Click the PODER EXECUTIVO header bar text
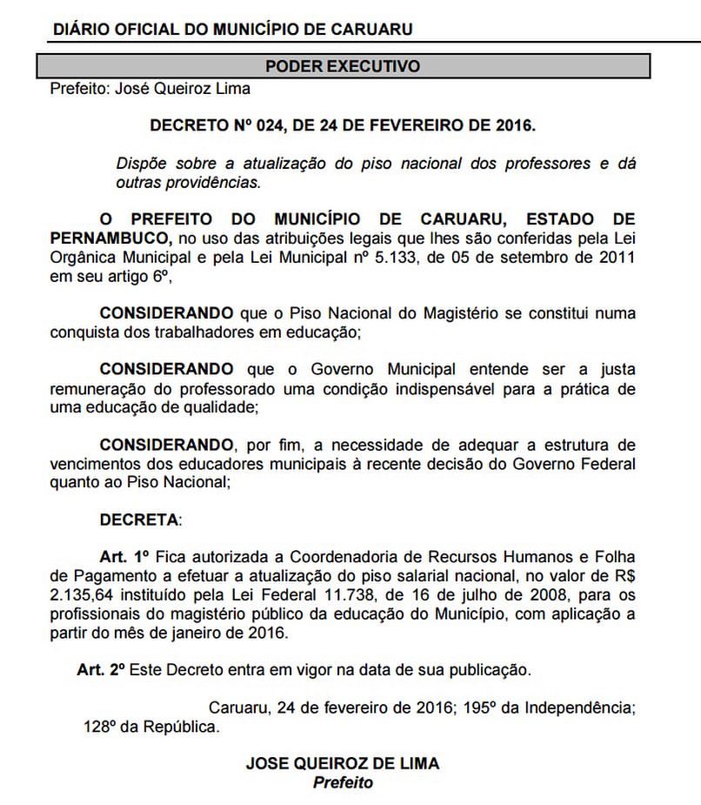tap(342, 66)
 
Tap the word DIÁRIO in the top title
tap(80, 29)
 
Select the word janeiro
tap(210, 634)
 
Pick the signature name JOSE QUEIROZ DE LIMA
tap(342, 763)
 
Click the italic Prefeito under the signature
tap(342, 782)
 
